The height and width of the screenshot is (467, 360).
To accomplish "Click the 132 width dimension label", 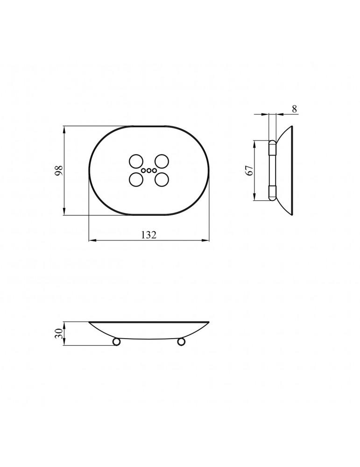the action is (148, 235).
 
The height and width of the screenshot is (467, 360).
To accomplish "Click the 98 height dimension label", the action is (59, 170).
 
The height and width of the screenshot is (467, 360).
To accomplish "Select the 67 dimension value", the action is (250, 170).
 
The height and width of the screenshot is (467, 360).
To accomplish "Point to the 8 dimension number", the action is (294, 109).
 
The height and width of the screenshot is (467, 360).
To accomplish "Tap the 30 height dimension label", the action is (59, 333).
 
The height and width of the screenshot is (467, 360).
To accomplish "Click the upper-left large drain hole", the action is (136, 162).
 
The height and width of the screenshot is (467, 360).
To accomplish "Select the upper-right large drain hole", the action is (162, 162).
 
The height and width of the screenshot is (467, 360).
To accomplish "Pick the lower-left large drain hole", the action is (136, 180).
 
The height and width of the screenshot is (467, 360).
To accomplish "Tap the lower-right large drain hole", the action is (162, 180).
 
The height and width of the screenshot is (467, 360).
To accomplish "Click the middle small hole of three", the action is (149, 170).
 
